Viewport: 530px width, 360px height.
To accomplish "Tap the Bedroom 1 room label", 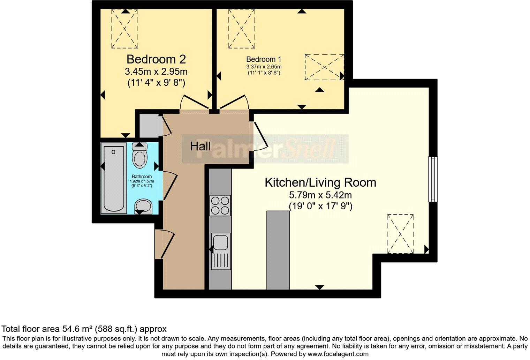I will click(x=264, y=59).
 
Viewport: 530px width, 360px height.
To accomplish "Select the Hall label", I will click(x=200, y=146).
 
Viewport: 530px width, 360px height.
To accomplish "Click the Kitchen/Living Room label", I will click(x=320, y=182).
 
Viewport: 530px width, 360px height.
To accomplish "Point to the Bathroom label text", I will click(x=142, y=177).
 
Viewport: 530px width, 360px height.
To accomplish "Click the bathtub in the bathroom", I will click(x=114, y=179).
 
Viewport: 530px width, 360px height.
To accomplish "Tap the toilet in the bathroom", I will click(x=140, y=155).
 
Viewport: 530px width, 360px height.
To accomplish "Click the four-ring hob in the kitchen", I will click(x=220, y=205).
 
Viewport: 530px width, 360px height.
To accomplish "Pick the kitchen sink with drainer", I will click(x=220, y=251).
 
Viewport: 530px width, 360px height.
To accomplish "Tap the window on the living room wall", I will click(x=433, y=179).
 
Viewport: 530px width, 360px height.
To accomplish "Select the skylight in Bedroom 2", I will click(x=124, y=29).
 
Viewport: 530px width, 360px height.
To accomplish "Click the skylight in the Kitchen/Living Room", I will click(x=400, y=234).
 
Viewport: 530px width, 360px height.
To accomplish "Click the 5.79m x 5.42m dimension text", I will click(x=320, y=195).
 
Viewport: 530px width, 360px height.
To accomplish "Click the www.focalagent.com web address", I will click(x=338, y=354).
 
